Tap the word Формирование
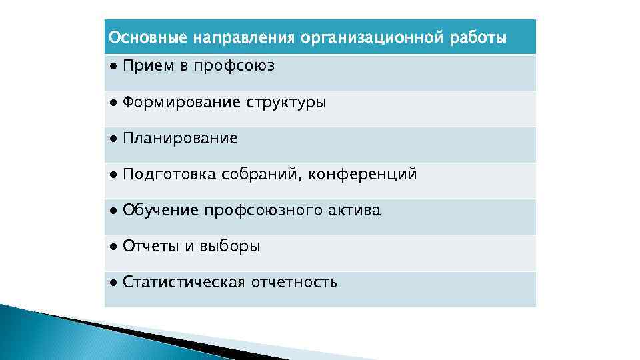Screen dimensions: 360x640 point(182,103)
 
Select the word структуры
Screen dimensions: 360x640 point(286,103)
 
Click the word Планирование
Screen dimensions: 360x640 point(180,139)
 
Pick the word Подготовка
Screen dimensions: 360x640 point(170,175)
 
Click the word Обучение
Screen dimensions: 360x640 point(161,211)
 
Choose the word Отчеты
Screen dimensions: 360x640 point(151,247)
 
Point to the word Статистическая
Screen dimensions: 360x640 point(185,283)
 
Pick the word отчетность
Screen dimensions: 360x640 point(294,283)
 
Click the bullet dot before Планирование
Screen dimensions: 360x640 point(114,139)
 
